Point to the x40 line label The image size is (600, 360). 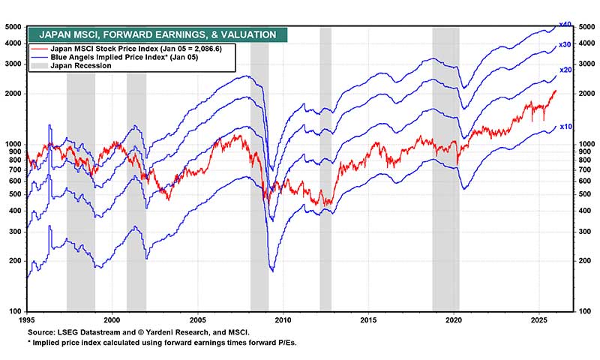566,25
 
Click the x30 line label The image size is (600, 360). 566,45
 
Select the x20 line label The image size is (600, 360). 566,70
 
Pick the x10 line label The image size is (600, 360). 566,127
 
